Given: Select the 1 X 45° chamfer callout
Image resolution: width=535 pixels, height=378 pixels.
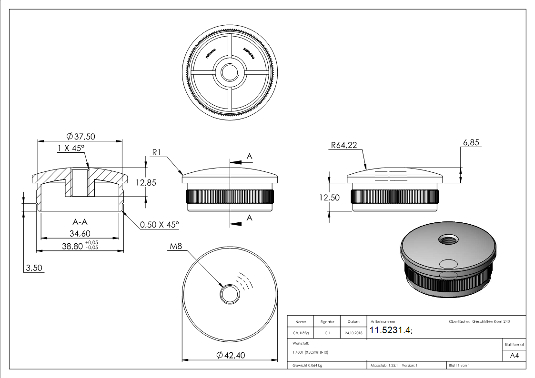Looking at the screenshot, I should click(71, 148).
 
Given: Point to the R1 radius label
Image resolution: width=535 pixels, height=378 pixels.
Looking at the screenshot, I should click(158, 152).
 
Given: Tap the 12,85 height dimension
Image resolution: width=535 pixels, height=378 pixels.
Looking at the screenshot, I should click(145, 182).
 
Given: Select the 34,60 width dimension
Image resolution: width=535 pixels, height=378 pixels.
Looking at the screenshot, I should click(80, 233).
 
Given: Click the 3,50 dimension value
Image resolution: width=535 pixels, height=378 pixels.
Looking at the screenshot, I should click(34, 268).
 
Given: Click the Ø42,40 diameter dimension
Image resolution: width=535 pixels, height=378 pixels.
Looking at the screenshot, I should click(230, 355).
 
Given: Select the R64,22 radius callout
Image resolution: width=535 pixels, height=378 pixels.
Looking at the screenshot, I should click(343, 145).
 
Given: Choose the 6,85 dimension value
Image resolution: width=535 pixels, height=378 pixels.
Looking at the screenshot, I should click(471, 142).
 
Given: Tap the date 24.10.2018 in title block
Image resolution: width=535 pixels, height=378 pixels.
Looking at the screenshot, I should click(353, 333).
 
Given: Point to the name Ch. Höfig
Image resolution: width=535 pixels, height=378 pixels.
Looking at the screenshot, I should click(301, 333).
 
